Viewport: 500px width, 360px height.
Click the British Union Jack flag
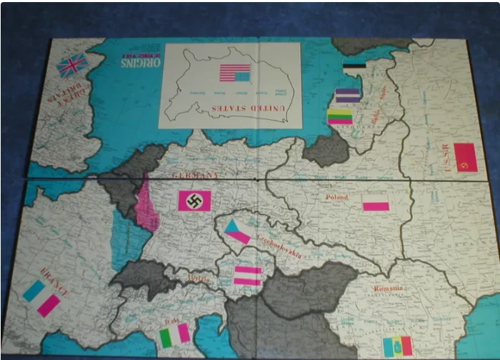coord(72,66)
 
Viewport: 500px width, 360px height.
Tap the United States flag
coord(234,73)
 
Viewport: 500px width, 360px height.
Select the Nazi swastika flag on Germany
coord(194,201)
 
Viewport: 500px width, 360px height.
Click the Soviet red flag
coord(465,157)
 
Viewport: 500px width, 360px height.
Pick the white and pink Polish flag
coord(376,203)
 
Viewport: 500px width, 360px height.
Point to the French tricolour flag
coord(41,298)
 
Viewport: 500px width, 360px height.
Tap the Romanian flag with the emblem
coord(398,346)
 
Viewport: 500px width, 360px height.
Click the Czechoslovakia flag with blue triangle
coord(236,231)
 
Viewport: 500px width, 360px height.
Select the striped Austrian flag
coord(248,276)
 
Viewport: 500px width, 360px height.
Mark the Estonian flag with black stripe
coord(354,68)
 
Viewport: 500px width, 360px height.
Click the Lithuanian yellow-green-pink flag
coord(341,117)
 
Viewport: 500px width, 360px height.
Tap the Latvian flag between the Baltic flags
coord(348,96)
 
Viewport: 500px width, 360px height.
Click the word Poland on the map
coord(336,197)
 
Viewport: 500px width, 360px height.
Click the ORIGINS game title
coord(139,62)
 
